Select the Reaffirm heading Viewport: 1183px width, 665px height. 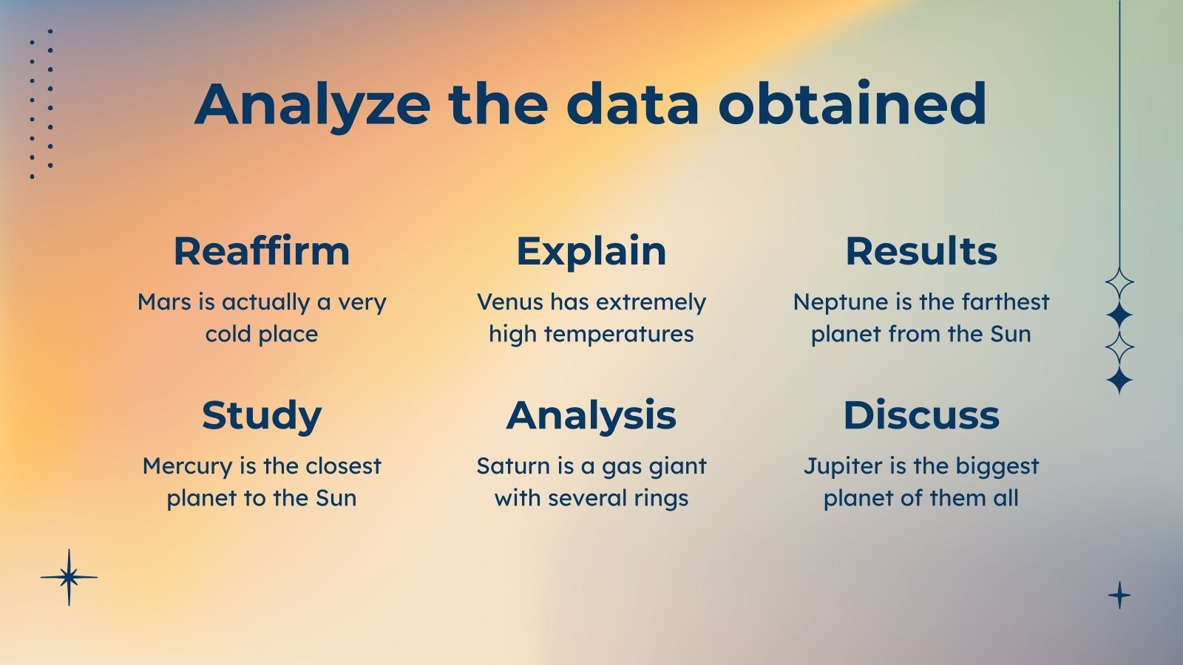coord(262,251)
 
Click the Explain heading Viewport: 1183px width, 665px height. coord(591,252)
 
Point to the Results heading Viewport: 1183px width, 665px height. coord(921,251)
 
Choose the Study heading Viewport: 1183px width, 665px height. coord(262,417)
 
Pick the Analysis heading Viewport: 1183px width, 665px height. coord(591,417)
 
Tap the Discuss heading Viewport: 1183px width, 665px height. coord(921,415)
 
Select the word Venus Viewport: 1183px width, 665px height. coord(510,302)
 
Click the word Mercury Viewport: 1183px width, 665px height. coord(188,467)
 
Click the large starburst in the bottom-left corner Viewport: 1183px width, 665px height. coord(70,577)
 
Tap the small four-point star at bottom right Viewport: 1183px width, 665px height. coord(1119,596)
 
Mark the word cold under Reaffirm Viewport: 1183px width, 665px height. coord(228,335)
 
